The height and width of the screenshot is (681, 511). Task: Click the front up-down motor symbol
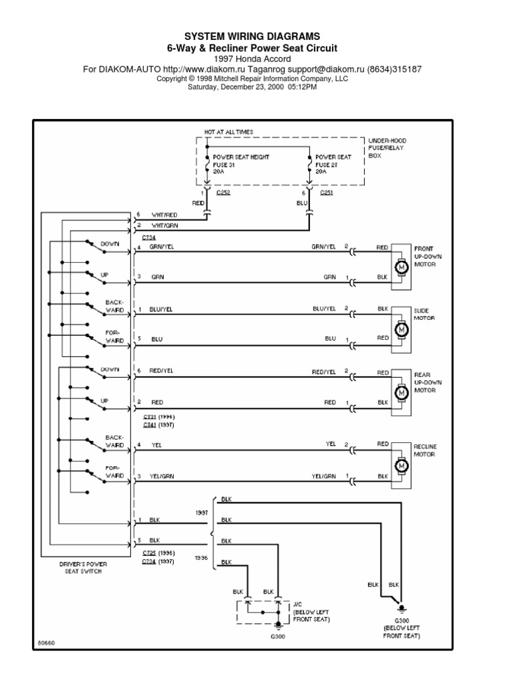tap(401, 267)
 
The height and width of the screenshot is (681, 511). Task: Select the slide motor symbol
tap(401, 329)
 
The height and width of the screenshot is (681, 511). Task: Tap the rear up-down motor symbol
tap(401, 393)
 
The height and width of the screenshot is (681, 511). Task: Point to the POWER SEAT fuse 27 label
tap(333, 164)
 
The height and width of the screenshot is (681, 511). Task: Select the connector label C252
tap(224, 193)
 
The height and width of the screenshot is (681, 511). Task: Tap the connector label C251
tap(327, 193)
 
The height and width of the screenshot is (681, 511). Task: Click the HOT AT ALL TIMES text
tap(228, 132)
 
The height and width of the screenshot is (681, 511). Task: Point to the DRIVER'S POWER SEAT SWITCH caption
tap(83, 567)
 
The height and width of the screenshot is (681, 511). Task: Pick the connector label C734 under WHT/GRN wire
tap(149, 236)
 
